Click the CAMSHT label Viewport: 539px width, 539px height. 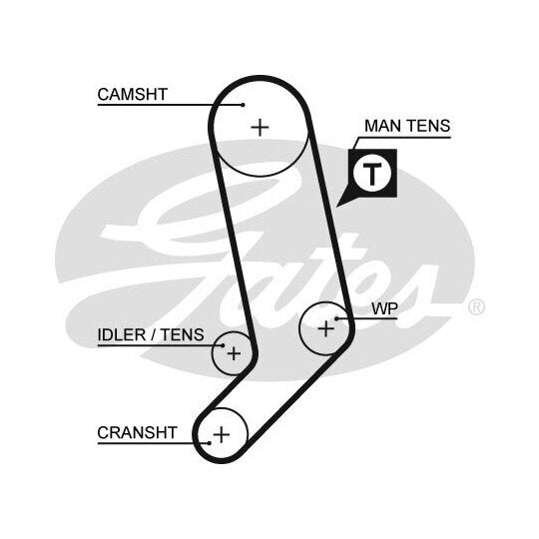pyautogui.click(x=133, y=95)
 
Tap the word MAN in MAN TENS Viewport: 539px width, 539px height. pyautogui.click(x=381, y=126)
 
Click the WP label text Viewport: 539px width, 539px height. pyautogui.click(x=384, y=308)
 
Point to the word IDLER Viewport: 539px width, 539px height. pyautogui.click(x=122, y=334)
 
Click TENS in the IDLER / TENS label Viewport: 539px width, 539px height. pyautogui.click(x=183, y=334)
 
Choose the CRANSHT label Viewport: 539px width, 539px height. pyautogui.click(x=137, y=433)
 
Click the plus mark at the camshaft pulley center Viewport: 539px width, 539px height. pyautogui.click(x=260, y=128)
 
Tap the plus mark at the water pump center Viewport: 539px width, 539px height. pyautogui.click(x=325, y=328)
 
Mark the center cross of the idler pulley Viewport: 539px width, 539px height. pyautogui.click(x=234, y=353)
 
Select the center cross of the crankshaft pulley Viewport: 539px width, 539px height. pyautogui.click(x=222, y=434)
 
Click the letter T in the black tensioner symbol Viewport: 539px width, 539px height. pyautogui.click(x=372, y=174)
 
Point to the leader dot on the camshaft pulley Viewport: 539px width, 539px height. pyautogui.click(x=243, y=105)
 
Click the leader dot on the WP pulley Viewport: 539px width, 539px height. pyautogui.click(x=337, y=318)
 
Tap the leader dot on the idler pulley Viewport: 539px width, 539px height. pyautogui.click(x=224, y=345)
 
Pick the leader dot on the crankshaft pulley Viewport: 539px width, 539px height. pyautogui.click(x=210, y=443)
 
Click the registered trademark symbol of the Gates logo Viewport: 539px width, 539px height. pyautogui.click(x=476, y=307)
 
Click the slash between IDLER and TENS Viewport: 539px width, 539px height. pyautogui.click(x=153, y=335)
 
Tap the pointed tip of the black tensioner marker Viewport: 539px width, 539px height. pyautogui.click(x=336, y=207)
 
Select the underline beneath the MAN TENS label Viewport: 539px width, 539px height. pyautogui.click(x=404, y=138)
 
